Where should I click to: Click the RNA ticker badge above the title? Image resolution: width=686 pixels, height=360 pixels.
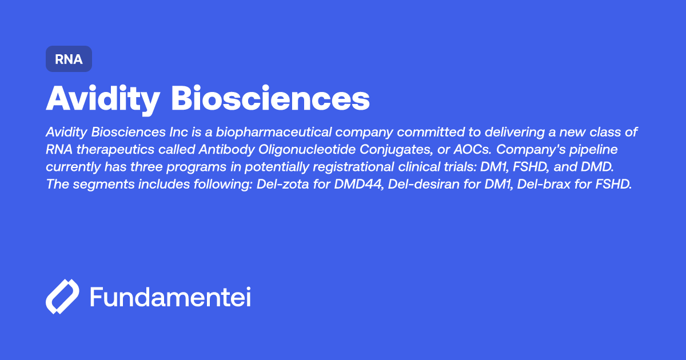click(x=69, y=59)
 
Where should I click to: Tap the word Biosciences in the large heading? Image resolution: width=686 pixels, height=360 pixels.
click(x=270, y=99)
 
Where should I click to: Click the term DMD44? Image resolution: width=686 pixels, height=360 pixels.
click(x=353, y=186)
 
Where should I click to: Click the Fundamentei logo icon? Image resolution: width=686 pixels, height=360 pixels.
click(x=62, y=297)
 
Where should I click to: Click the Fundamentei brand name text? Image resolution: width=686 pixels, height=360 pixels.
click(x=170, y=297)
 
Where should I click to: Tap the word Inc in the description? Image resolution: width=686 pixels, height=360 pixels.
click(x=181, y=133)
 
